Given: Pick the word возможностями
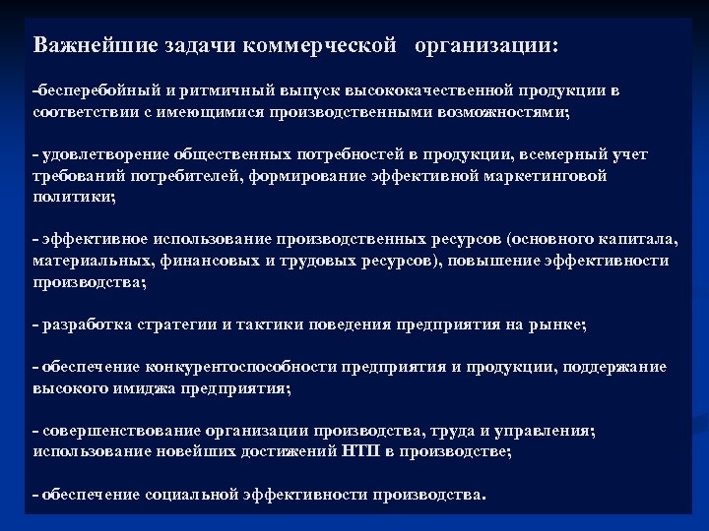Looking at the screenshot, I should [501, 113].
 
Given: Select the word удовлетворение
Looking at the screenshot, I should [102, 155].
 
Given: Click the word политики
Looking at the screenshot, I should [73, 197].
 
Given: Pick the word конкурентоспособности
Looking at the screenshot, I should [240, 367].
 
